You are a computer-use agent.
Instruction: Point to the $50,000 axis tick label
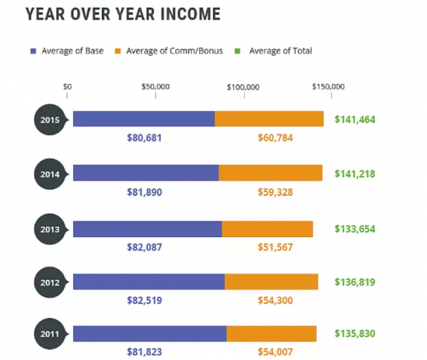tap(155, 87)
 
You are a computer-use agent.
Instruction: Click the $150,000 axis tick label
tap(328, 87)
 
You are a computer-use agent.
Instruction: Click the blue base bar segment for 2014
tap(146, 173)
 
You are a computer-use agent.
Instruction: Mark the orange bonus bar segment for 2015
tap(269, 119)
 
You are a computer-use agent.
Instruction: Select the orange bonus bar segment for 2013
tap(267, 228)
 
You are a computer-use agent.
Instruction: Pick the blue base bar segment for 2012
tap(149, 282)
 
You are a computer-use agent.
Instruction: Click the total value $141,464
tap(355, 119)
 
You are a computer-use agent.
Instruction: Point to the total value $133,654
tap(355, 228)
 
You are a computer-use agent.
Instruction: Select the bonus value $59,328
tap(275, 192)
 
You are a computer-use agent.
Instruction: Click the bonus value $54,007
tap(275, 351)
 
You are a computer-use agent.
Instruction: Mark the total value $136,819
tap(355, 282)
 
